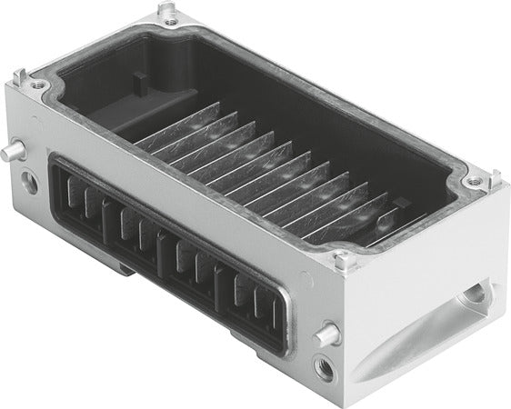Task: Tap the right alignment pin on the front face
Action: pyautogui.click(x=326, y=334)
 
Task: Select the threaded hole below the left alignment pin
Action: pyautogui.click(x=29, y=182)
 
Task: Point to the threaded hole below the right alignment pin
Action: pyautogui.click(x=325, y=368)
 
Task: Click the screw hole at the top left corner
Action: pyautogui.click(x=38, y=85)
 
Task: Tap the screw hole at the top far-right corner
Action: pyautogui.click(x=474, y=181)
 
